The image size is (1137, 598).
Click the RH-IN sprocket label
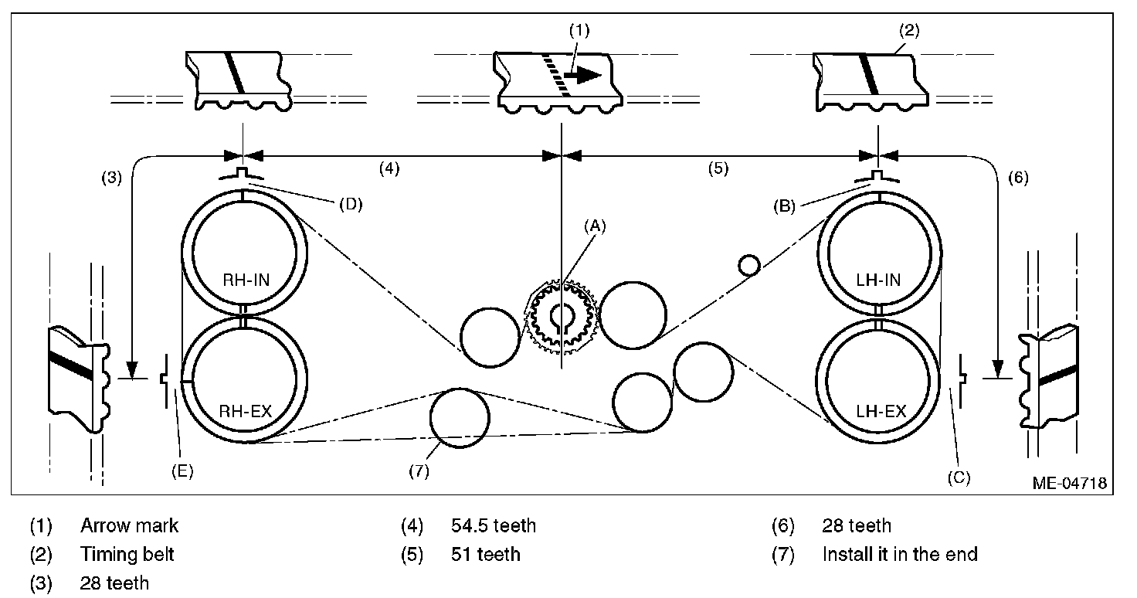[x=245, y=280]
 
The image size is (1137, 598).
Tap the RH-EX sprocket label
[x=245, y=412]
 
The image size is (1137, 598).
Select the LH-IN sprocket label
[x=880, y=280]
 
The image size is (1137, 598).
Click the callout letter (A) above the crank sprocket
[x=595, y=226]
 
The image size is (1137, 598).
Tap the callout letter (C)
[x=958, y=478]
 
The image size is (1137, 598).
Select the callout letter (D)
[x=350, y=205]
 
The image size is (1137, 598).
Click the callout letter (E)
[x=182, y=471]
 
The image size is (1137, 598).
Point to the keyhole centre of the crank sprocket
[x=562, y=318]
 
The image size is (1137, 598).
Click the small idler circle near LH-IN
[x=748, y=265]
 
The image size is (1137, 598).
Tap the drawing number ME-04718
[x=1069, y=484]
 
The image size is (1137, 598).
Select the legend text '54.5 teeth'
[x=493, y=526]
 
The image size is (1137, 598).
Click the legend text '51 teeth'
[x=485, y=554]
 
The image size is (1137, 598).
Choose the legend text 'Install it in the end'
[x=899, y=554]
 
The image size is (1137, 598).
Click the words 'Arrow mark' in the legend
[x=129, y=526]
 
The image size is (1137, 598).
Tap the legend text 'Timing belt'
[x=127, y=554]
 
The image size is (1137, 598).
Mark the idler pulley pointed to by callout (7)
[x=460, y=418]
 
